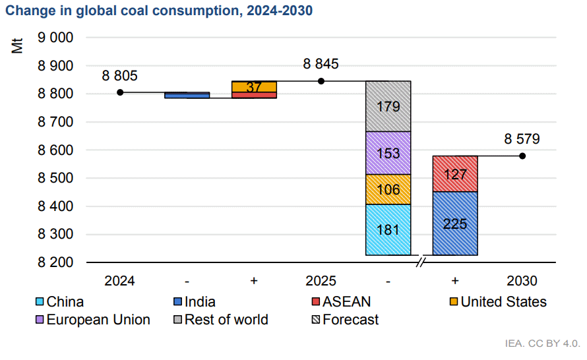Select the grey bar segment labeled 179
tap(388, 106)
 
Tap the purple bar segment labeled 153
tap(388, 153)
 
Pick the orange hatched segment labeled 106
tap(388, 189)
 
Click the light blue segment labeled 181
tap(388, 229)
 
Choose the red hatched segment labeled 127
tap(455, 174)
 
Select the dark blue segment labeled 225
tap(455, 224)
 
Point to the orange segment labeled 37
tap(254, 87)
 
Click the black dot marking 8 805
tap(120, 92)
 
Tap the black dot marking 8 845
tap(321, 81)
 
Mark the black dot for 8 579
tap(522, 156)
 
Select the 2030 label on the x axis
tap(522, 281)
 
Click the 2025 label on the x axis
tap(321, 281)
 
